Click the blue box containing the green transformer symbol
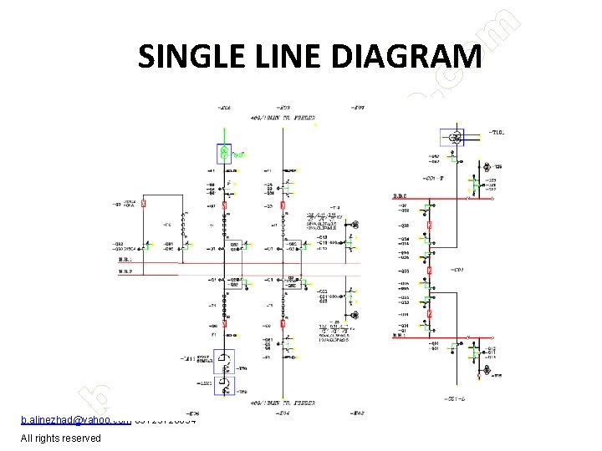coord(225,153)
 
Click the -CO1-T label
coord(457,178)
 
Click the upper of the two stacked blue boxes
coord(224,361)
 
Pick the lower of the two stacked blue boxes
coord(224,385)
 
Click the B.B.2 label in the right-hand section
coord(400,196)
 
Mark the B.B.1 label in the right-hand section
coord(400,335)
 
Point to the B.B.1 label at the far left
coord(124,261)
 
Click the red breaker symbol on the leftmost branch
coord(144,203)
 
